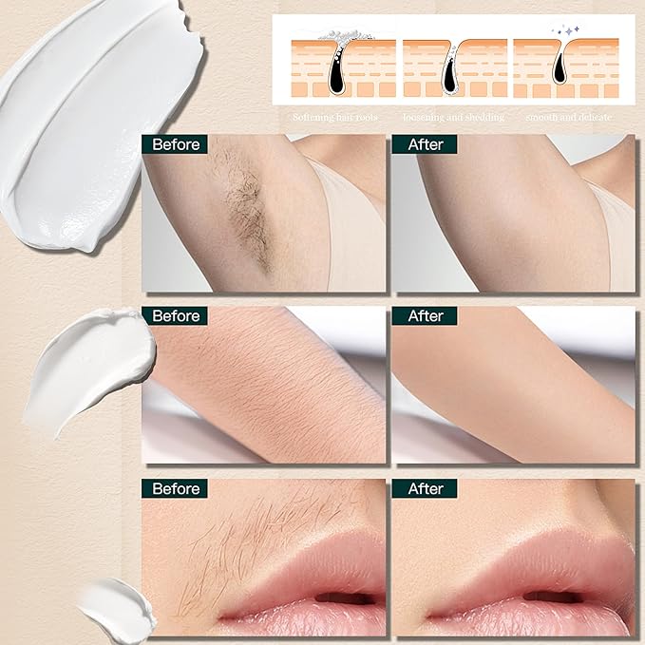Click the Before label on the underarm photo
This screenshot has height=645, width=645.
175,144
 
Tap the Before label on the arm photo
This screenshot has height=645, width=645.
175,316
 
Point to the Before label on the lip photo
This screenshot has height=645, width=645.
175,488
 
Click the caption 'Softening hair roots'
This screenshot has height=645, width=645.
334,118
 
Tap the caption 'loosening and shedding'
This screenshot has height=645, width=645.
453,118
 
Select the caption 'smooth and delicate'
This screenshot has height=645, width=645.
568,118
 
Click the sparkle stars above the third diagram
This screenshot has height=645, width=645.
566,30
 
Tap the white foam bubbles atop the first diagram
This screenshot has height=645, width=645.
346,36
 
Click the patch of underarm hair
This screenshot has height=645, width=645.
246,210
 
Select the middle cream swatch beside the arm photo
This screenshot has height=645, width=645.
90,370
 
